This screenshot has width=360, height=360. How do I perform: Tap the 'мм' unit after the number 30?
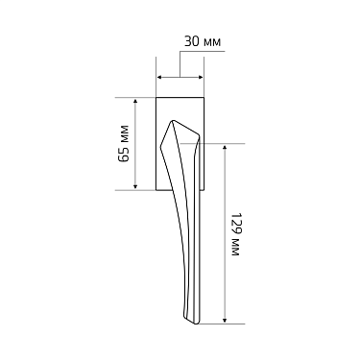click(212, 42)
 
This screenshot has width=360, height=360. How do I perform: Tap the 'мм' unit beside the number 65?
click(124, 131)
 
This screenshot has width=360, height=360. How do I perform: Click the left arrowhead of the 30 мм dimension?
click(159, 78)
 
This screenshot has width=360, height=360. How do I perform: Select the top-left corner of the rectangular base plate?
click(156, 97)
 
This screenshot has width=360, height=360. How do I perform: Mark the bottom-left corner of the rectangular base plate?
click(156, 190)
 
